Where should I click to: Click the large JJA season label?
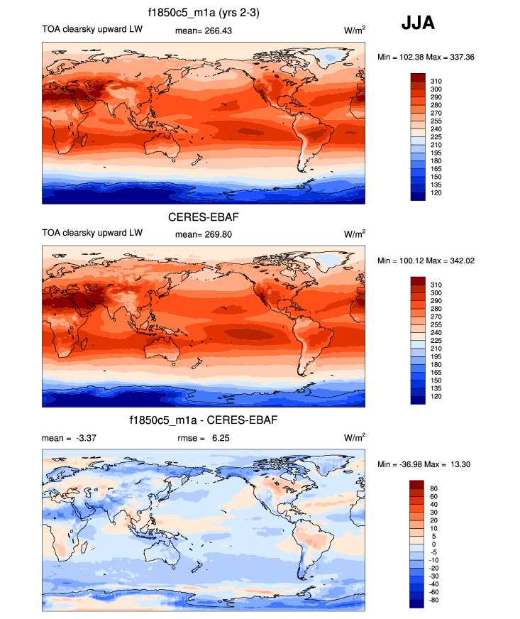[418, 23]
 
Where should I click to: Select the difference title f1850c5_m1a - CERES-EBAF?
[204, 421]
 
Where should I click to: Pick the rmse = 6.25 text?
[204, 438]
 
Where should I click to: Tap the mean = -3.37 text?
[69, 438]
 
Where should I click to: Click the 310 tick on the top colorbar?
[436, 81]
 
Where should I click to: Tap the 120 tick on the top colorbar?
[436, 193]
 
